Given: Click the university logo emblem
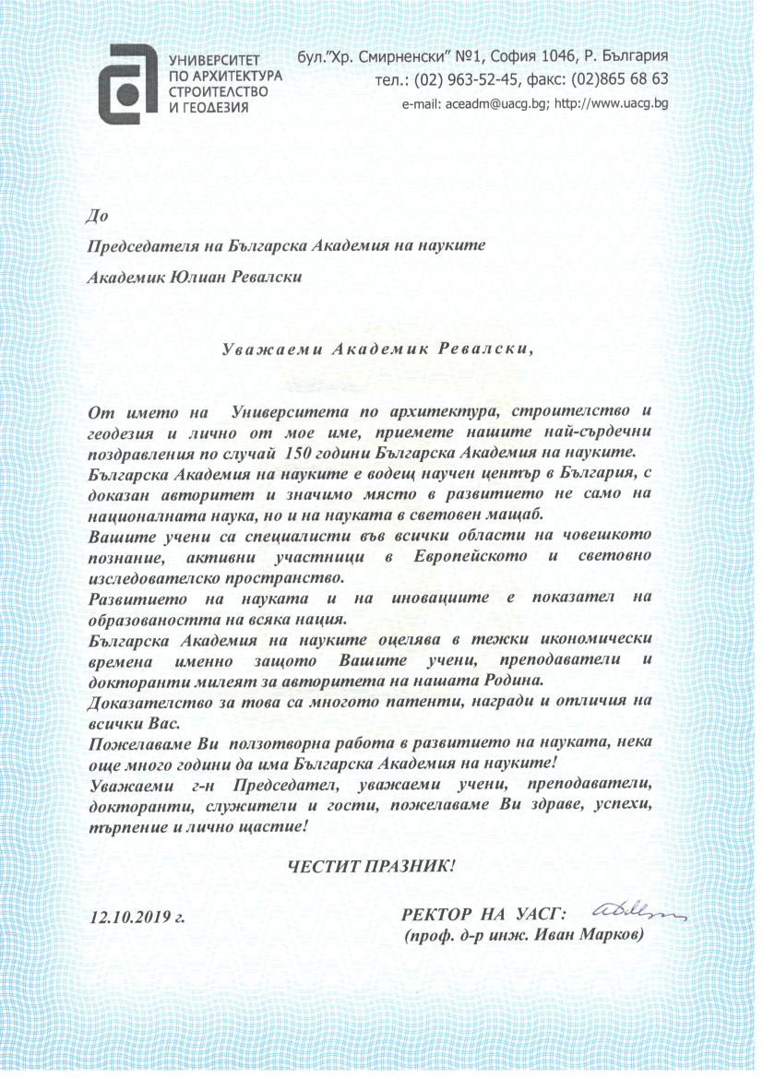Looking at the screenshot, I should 129,75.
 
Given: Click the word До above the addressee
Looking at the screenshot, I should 96,218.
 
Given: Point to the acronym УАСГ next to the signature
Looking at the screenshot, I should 536,915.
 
